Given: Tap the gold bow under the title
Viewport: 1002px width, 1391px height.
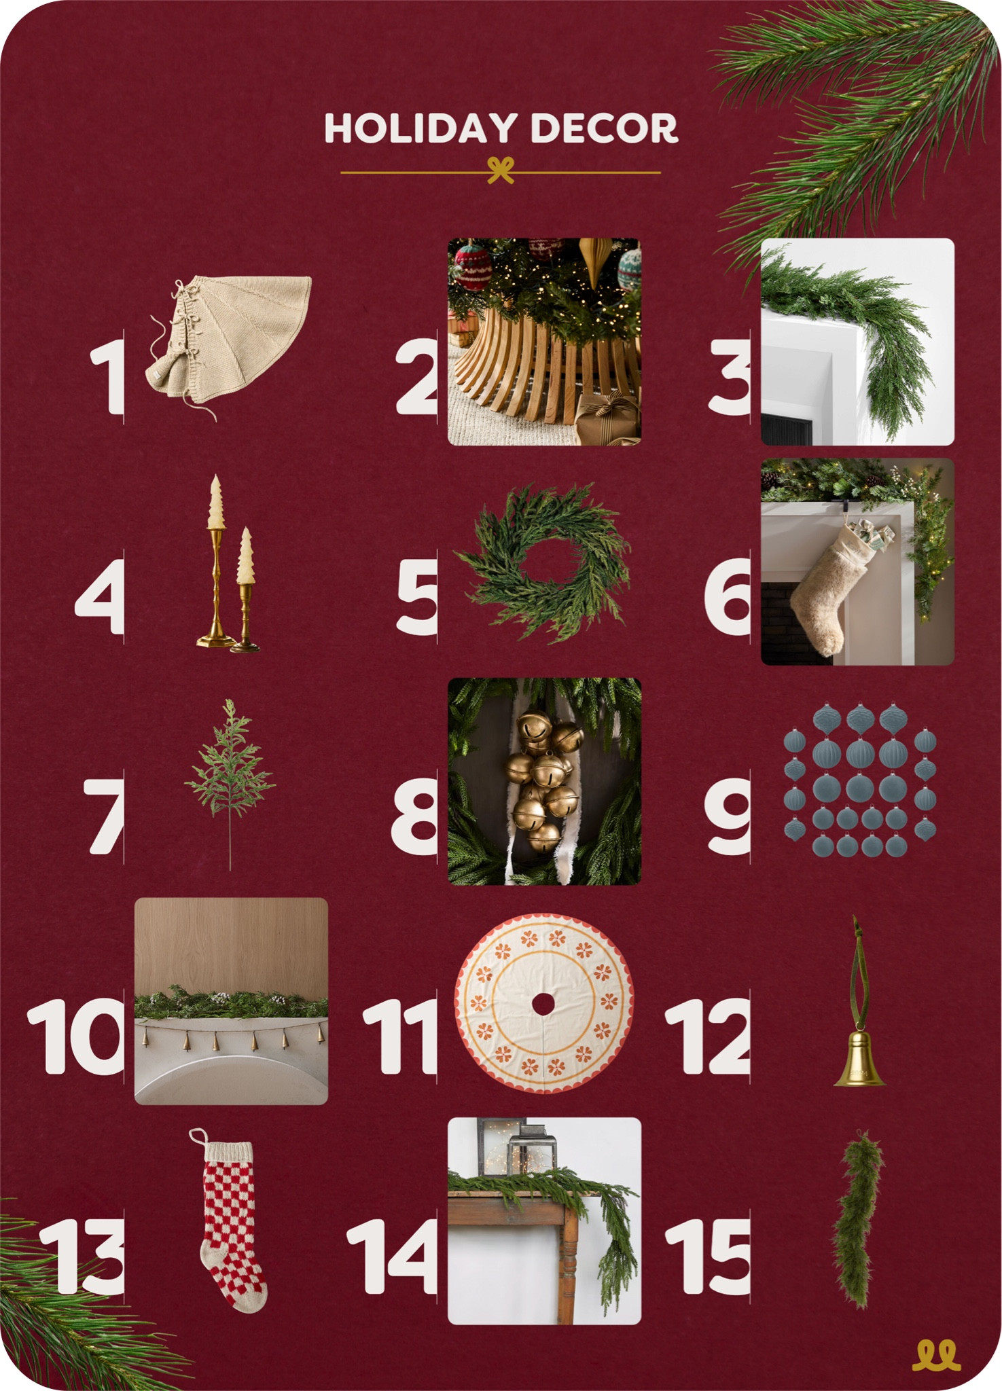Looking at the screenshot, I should click(x=501, y=170).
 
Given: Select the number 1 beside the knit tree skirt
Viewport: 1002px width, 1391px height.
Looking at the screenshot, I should click(x=109, y=376).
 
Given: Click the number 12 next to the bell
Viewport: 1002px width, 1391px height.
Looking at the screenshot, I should click(x=708, y=1036).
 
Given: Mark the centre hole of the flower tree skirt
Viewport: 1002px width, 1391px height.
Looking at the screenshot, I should click(x=543, y=1004).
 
